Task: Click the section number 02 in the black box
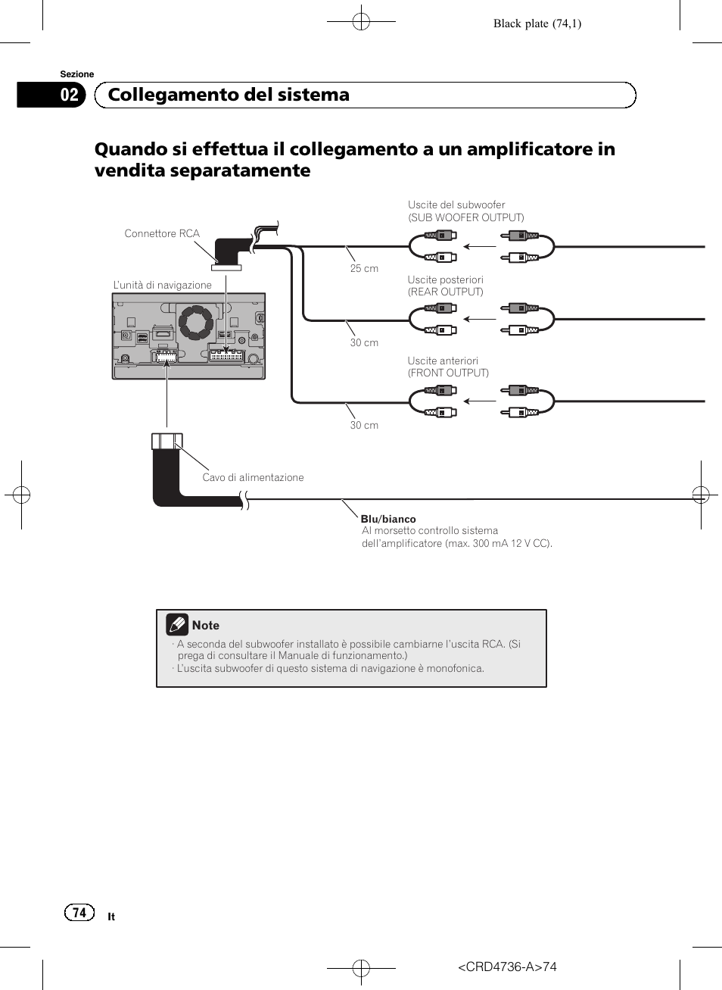(x=70, y=95)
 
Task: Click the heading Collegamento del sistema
(x=229, y=95)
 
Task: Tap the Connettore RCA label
(x=162, y=233)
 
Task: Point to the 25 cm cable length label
(x=364, y=268)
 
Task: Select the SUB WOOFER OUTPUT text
(x=466, y=217)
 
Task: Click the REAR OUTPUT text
(x=446, y=292)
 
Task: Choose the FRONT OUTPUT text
(x=448, y=373)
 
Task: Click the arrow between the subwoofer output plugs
(x=479, y=246)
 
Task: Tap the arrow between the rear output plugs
(x=479, y=319)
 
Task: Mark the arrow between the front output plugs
(x=479, y=401)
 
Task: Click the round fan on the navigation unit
(x=196, y=323)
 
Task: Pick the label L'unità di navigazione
(x=162, y=285)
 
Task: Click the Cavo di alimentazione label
(x=253, y=477)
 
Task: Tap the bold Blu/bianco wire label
(x=388, y=519)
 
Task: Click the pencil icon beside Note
(x=177, y=625)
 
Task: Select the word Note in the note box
(x=206, y=626)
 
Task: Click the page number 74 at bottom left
(x=79, y=913)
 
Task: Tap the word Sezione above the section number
(x=77, y=74)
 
